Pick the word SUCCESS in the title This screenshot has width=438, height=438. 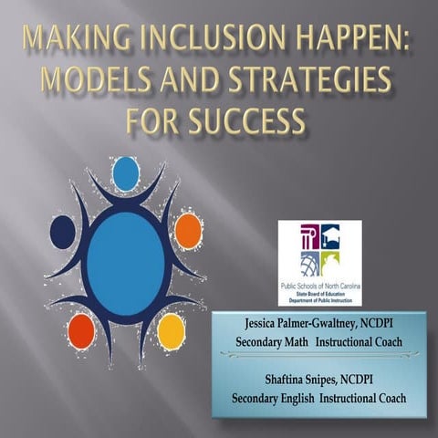253,121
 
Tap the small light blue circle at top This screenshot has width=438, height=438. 125,173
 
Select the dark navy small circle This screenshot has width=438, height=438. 62,231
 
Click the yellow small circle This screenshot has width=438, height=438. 171,332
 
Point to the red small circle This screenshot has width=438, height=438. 82,329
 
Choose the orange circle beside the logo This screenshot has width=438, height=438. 188,231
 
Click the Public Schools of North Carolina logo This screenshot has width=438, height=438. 319,263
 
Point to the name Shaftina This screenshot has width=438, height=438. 271,380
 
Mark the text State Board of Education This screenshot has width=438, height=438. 319,293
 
